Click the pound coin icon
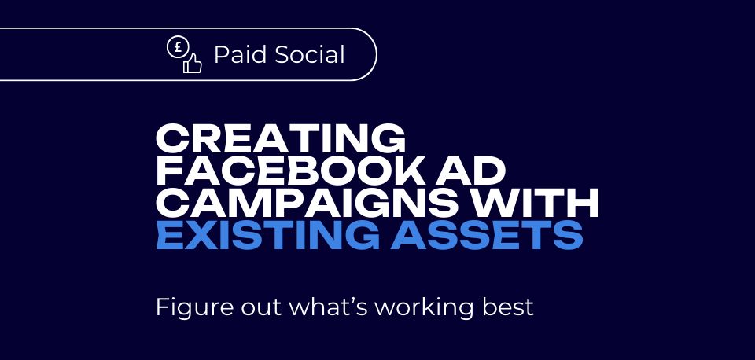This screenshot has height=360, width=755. tap(177, 47)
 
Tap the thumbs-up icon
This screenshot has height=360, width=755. tap(192, 63)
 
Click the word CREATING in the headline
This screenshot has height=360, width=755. tap(281, 138)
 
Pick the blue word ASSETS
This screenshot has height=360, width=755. tap(487, 235)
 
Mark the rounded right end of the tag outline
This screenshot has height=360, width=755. tap(377, 54)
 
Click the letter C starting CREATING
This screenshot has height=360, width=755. tap(171, 138)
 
